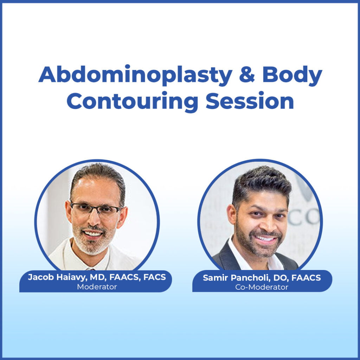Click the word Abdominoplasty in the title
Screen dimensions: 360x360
pos(135,75)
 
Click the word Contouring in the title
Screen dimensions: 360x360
pos(132,102)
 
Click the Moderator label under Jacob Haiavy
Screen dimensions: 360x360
pos(97,287)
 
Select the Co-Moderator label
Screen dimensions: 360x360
pos(262,287)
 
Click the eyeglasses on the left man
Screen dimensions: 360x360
pos(96,210)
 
